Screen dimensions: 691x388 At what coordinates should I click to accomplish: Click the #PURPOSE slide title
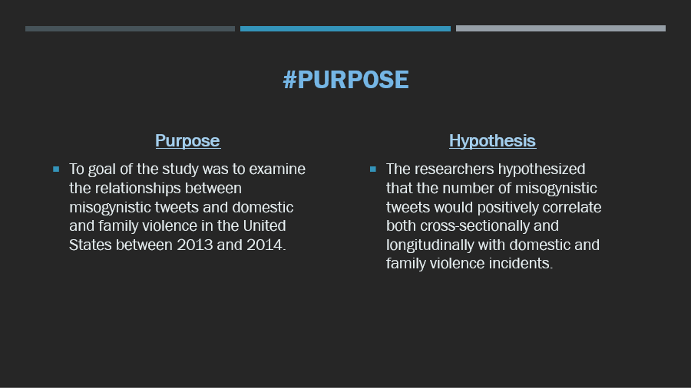(x=346, y=80)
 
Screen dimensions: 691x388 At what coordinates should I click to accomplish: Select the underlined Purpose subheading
(x=188, y=141)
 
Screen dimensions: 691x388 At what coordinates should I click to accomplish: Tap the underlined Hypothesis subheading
(x=492, y=141)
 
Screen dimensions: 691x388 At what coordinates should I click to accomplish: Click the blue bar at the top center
(x=345, y=28)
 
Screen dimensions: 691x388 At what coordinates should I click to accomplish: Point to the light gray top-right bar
(x=560, y=28)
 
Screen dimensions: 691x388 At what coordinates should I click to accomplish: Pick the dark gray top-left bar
(x=130, y=28)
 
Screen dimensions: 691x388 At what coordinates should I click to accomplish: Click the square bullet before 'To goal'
(x=56, y=169)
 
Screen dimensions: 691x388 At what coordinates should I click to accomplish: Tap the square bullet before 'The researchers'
(x=373, y=169)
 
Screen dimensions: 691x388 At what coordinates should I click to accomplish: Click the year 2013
(x=195, y=245)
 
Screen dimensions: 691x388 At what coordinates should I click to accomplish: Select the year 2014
(x=266, y=245)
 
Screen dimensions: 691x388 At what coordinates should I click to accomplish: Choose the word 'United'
(x=264, y=225)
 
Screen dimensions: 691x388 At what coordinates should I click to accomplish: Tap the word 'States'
(x=91, y=245)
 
